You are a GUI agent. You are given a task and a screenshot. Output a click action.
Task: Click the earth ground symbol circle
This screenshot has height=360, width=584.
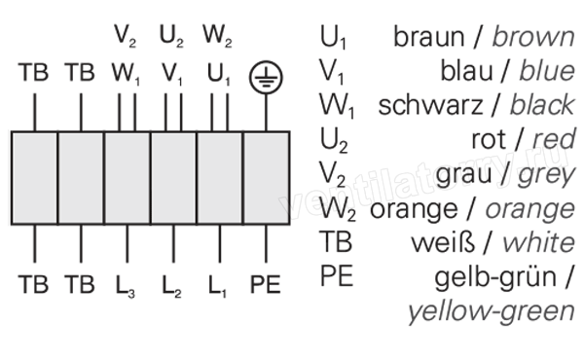(x=266, y=62)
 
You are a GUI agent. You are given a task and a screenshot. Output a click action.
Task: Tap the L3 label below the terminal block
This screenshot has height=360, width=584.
(x=126, y=286)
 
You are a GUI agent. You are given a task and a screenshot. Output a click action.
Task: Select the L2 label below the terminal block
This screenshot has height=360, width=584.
(x=171, y=286)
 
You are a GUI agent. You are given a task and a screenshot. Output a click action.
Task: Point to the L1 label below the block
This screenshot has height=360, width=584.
(x=217, y=286)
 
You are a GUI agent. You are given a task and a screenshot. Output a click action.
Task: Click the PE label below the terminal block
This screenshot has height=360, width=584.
(x=265, y=285)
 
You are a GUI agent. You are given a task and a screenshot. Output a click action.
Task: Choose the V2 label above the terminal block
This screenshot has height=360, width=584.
(x=125, y=36)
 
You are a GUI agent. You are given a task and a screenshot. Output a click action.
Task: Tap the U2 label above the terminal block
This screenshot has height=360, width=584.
(x=171, y=36)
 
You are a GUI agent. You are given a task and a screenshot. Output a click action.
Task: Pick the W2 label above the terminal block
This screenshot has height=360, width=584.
(x=217, y=36)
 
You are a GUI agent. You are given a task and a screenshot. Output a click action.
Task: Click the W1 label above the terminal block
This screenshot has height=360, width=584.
(x=126, y=74)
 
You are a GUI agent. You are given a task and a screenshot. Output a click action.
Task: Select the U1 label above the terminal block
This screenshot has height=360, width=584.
(x=219, y=74)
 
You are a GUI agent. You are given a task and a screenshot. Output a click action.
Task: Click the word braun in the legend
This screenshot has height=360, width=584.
(x=428, y=37)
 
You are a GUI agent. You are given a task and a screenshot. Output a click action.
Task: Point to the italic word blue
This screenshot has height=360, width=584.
(x=547, y=71)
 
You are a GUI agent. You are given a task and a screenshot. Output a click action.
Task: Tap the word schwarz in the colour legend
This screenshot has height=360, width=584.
(x=430, y=105)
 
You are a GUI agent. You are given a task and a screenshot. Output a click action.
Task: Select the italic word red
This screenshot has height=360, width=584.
(x=554, y=139)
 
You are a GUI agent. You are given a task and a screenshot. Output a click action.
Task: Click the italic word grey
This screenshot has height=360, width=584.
(x=546, y=175)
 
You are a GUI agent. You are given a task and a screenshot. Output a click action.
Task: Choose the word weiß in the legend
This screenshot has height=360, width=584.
(x=443, y=242)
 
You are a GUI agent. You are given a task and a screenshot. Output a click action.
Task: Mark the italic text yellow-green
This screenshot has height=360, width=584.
(x=492, y=312)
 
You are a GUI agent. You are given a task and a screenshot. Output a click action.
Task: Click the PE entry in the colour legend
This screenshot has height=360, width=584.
(x=337, y=276)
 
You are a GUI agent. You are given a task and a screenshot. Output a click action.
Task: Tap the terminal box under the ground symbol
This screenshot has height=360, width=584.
(x=267, y=178)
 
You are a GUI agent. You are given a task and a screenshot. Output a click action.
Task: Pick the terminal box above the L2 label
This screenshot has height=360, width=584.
(x=173, y=178)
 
